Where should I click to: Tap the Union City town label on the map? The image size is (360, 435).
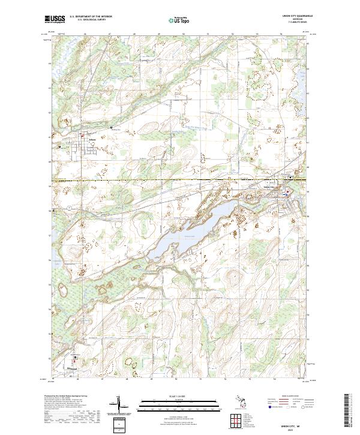(x=273, y=187)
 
